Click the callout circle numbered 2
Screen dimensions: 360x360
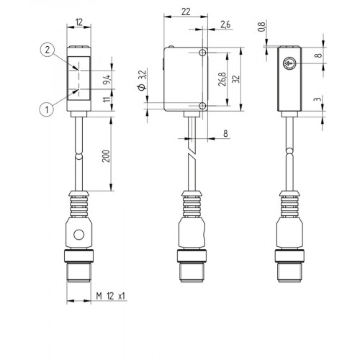[47, 50]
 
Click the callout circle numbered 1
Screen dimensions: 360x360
[47, 109]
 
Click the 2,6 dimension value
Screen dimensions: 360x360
[225, 26]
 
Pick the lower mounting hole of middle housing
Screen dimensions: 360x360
[204, 106]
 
